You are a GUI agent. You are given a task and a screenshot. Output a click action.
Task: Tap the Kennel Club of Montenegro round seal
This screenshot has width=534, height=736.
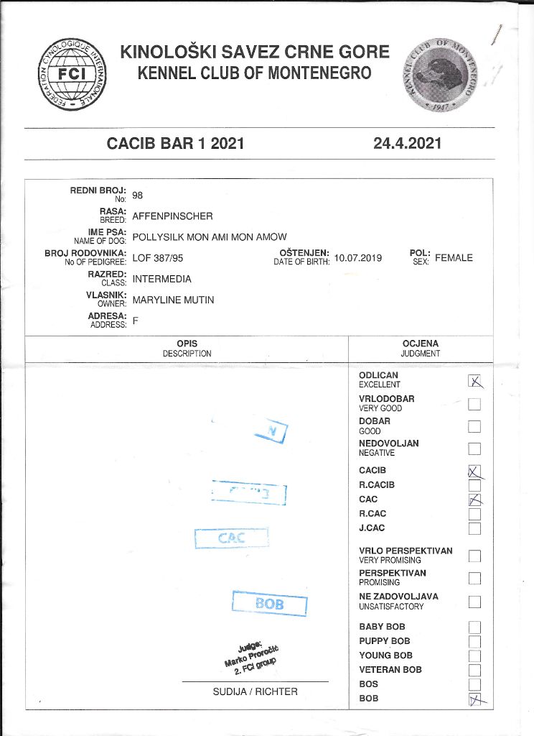[x=439, y=76]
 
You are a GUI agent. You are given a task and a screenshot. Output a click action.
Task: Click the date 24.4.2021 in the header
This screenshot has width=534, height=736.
[x=407, y=144]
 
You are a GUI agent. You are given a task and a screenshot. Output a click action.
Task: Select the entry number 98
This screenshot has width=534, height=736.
[x=138, y=195]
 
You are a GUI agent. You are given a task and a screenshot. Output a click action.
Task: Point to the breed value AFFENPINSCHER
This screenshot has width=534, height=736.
[x=172, y=216]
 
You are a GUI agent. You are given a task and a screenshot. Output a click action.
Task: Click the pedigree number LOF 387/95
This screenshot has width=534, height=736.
[x=163, y=257]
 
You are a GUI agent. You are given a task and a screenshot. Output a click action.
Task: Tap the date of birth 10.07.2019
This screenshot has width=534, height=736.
[x=358, y=257]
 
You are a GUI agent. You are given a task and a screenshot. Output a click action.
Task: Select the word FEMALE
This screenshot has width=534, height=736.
[x=454, y=257]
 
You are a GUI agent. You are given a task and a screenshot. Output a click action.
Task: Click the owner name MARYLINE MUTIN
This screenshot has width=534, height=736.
[x=173, y=299]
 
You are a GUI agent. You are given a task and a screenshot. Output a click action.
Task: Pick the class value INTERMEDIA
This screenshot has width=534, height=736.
[x=162, y=278]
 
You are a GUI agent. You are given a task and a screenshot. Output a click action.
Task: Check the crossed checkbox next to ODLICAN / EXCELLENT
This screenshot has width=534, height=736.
[x=474, y=381]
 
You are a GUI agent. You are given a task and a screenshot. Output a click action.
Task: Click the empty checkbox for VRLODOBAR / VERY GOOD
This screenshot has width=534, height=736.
[x=474, y=404]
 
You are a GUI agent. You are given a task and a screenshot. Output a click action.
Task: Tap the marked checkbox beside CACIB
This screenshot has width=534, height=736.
[x=474, y=471]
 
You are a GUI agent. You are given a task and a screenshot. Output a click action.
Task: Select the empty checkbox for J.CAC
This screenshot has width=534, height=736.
[x=474, y=529]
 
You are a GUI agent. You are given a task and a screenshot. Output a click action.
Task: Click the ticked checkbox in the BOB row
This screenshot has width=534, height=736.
[x=474, y=699]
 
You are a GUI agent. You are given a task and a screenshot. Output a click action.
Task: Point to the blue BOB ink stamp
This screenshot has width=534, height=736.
[x=269, y=603]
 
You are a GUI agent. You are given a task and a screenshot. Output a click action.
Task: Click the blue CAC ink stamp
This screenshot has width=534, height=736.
[x=231, y=538]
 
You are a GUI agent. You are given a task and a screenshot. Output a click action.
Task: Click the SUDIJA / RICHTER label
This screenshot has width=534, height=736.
[x=255, y=691]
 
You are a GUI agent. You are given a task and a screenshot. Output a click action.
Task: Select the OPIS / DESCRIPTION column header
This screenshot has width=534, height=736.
[x=187, y=349]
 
